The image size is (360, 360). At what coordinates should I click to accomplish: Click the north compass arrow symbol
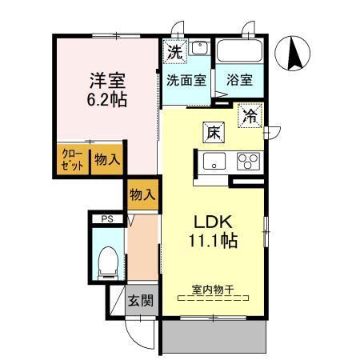(x=294, y=54)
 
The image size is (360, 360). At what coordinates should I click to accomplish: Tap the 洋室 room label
(x=106, y=81)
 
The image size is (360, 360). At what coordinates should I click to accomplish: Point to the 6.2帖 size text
(x=107, y=101)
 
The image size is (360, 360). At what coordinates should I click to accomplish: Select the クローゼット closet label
(x=72, y=158)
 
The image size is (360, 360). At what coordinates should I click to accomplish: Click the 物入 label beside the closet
(x=106, y=159)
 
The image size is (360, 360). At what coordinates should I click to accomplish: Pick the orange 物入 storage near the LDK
(x=142, y=194)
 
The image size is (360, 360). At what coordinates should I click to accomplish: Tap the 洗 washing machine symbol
(x=174, y=51)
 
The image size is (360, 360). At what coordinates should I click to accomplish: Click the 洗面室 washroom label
(x=186, y=81)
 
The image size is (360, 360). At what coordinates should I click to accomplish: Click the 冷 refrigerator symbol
(x=250, y=117)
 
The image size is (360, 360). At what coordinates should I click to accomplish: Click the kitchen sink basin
(x=214, y=163)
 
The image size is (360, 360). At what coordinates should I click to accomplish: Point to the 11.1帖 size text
(x=213, y=241)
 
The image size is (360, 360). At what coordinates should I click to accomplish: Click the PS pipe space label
(x=105, y=218)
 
